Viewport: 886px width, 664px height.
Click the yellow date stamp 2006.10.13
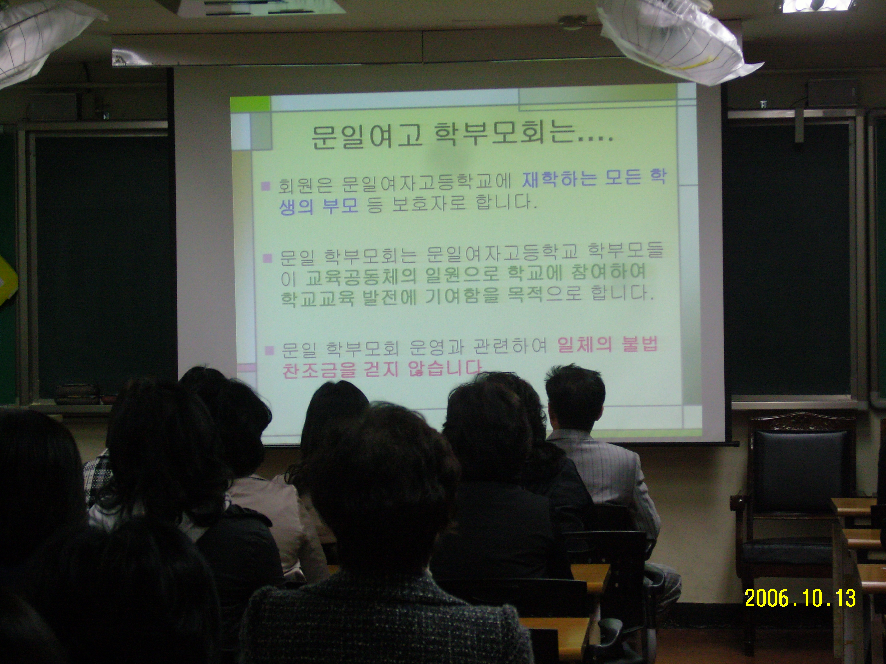800,598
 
